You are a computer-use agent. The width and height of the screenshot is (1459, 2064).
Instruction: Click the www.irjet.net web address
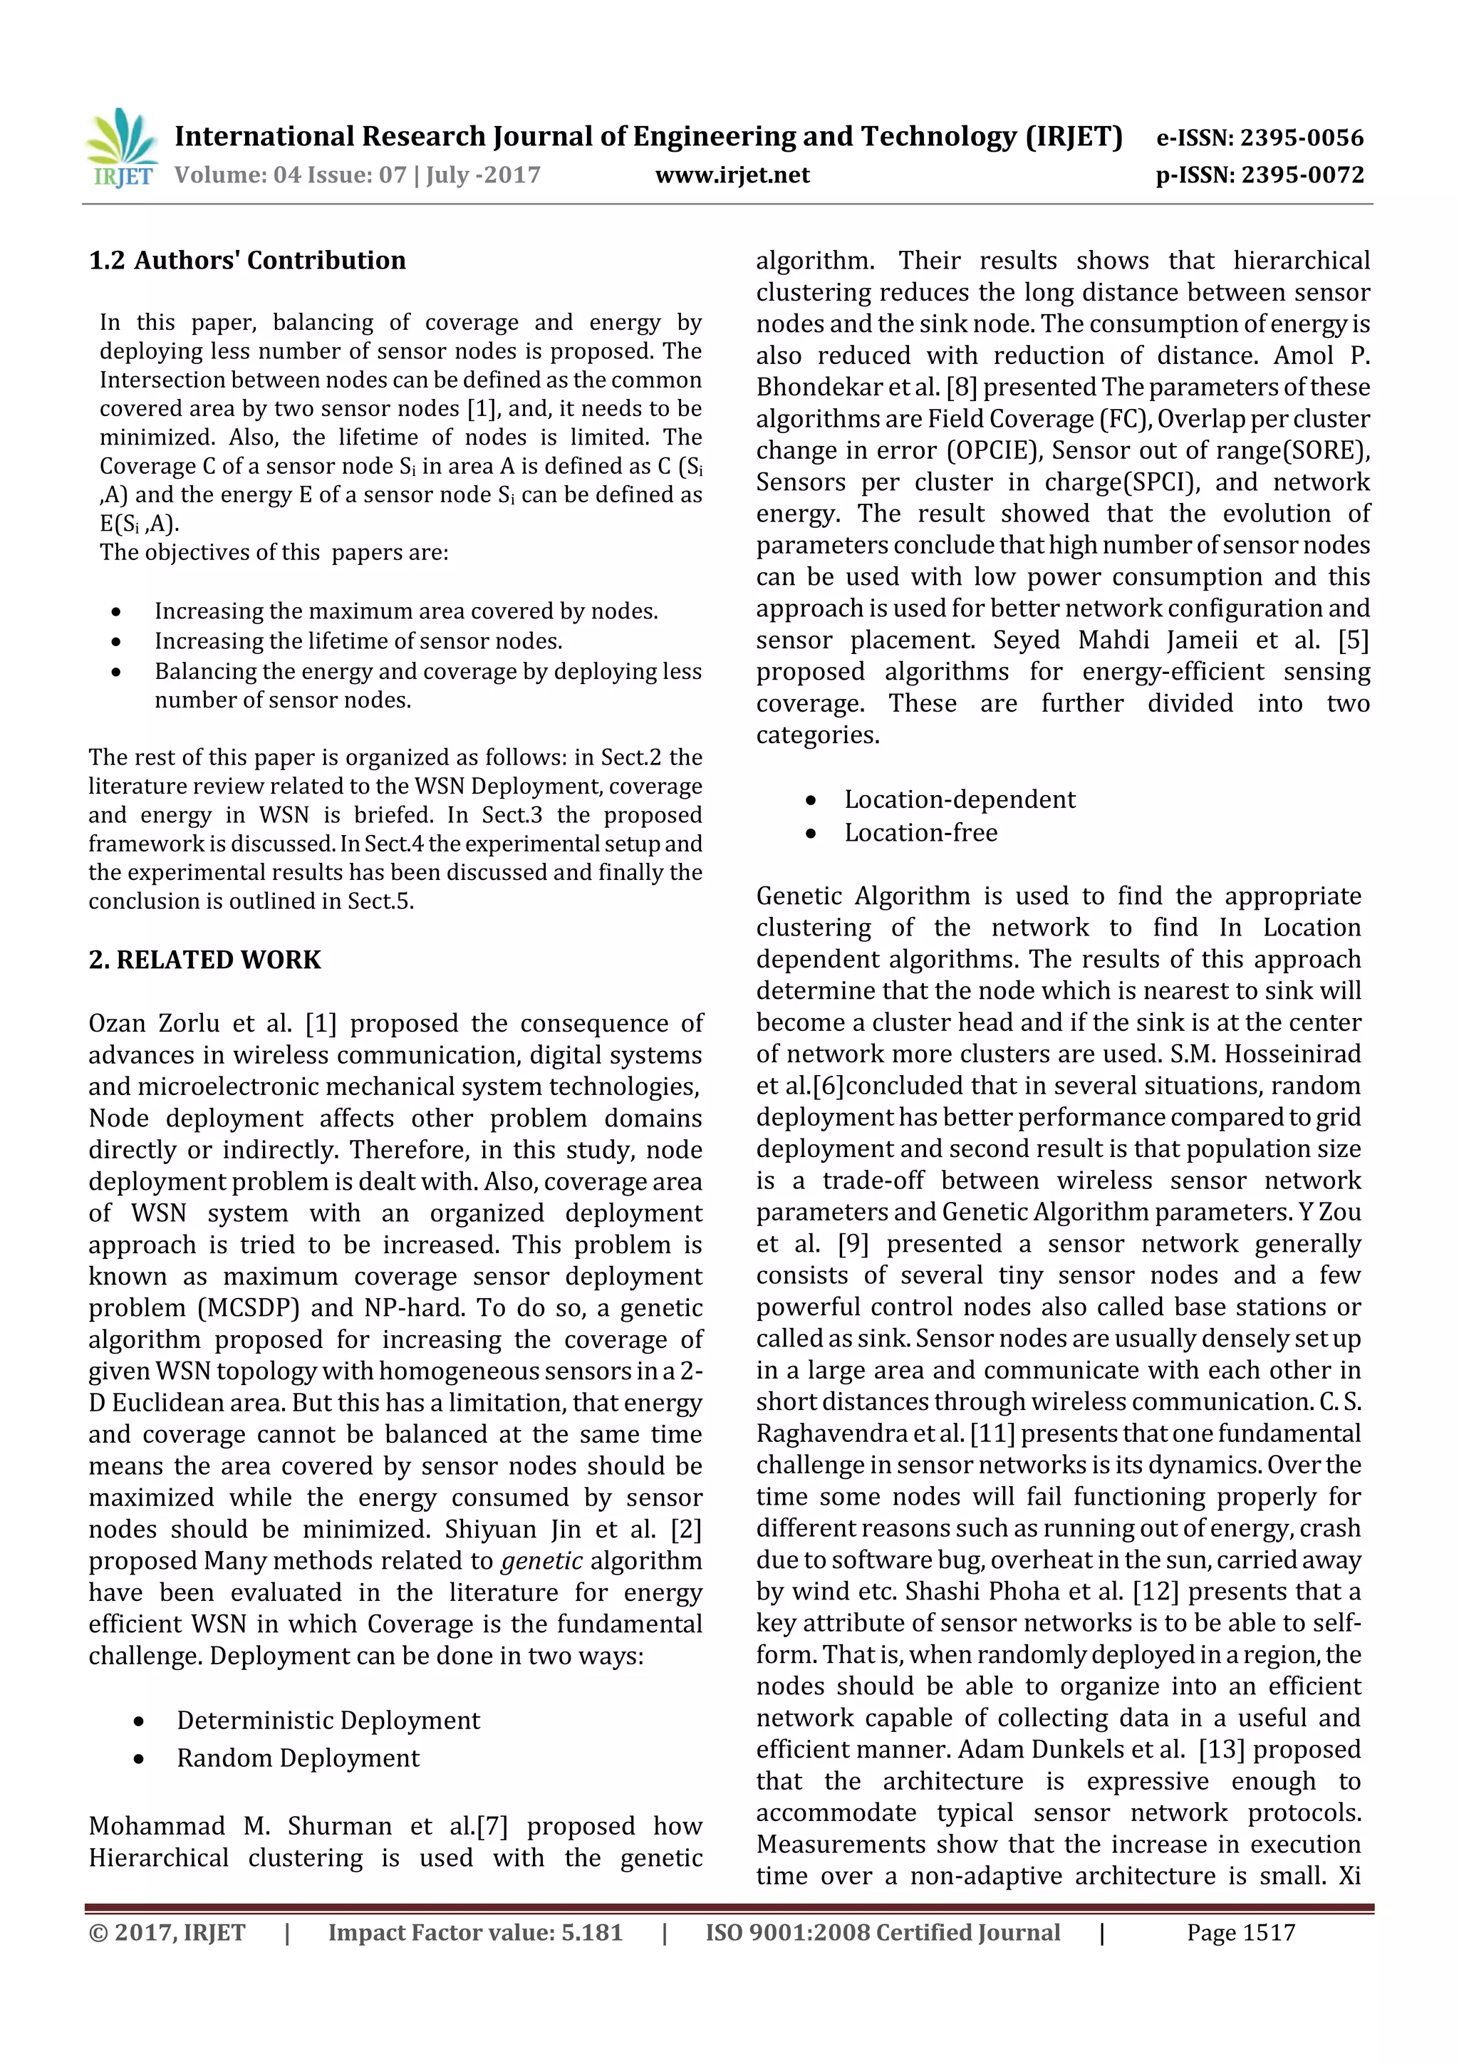coord(732,175)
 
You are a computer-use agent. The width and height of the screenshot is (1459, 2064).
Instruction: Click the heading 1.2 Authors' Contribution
coord(247,261)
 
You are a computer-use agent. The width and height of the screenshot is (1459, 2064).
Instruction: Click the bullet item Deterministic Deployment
coord(328,1720)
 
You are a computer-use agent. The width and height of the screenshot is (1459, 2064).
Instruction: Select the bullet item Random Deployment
coord(298,1758)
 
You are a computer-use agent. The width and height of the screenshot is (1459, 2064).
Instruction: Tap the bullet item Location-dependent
coord(959,799)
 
